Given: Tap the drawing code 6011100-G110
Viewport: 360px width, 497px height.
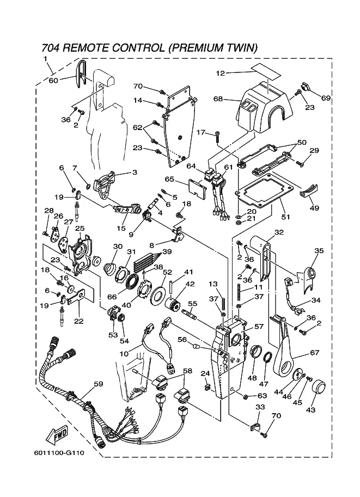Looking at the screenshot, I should pyautogui.click(x=63, y=453).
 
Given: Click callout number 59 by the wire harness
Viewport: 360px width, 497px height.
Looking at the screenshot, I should pyautogui.click(x=97, y=384).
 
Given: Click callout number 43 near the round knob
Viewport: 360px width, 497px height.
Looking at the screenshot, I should pyautogui.click(x=312, y=409).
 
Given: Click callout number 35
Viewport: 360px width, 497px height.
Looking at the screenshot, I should pyautogui.click(x=319, y=251).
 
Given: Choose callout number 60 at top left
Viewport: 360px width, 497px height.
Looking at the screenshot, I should pyautogui.click(x=53, y=80).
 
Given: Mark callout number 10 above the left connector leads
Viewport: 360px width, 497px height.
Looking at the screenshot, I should pyautogui.click(x=124, y=354).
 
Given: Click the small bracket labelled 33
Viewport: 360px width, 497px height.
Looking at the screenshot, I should pyautogui.click(x=255, y=426).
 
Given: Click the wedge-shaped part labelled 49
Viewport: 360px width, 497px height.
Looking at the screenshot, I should pyautogui.click(x=310, y=190).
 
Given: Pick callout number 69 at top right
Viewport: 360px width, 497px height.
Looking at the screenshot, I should pyautogui.click(x=326, y=98).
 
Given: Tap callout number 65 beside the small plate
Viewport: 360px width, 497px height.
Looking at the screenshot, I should pyautogui.click(x=169, y=179).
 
